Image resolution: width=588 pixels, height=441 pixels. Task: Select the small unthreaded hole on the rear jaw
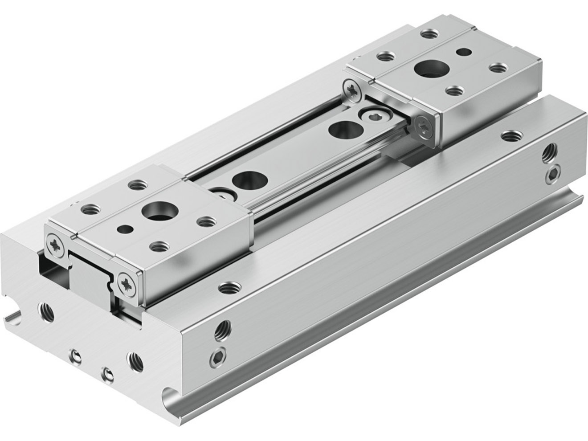(464, 52)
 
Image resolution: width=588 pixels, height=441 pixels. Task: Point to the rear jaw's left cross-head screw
(352, 89)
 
